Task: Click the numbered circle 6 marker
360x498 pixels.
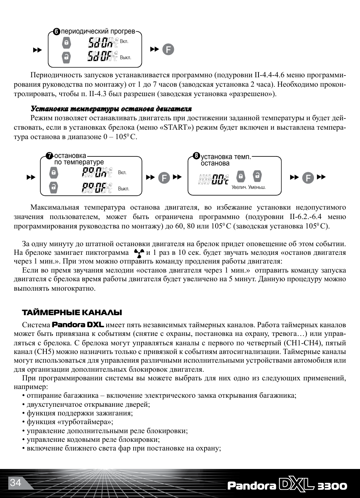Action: (57, 32)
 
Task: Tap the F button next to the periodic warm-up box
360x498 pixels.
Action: (168, 49)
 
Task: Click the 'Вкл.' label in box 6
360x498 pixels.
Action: (124, 41)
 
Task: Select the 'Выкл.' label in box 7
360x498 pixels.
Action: (123, 188)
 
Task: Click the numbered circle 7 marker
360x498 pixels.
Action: (49, 156)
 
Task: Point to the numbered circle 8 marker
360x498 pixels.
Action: (196, 155)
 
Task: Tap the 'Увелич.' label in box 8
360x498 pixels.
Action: (239, 187)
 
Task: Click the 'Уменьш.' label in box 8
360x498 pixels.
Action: (257, 187)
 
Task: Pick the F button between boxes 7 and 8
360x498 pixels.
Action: (164, 178)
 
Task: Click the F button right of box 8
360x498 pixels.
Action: (308, 178)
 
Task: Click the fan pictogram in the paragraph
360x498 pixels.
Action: (139, 253)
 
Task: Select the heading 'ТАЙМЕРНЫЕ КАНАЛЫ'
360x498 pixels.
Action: (72, 313)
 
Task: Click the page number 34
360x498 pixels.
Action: (15, 483)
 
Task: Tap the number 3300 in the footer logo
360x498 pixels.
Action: (332, 486)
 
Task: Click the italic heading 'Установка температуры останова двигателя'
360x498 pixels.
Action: (111, 109)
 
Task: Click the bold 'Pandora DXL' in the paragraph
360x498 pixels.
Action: (78, 325)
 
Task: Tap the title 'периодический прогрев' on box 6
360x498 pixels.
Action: (98, 31)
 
